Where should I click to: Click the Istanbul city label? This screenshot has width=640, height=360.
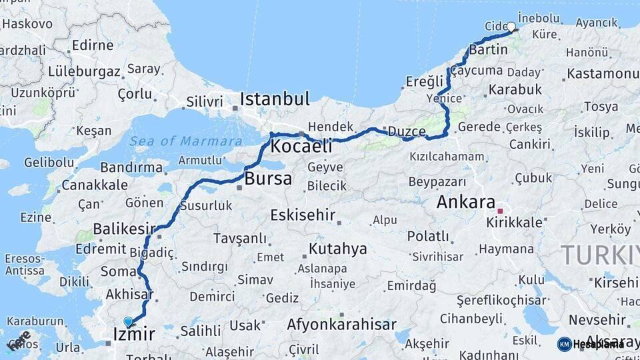click(x=275, y=100)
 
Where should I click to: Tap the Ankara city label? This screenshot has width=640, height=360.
click(x=466, y=202)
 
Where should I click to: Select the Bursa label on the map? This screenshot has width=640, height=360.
click(x=268, y=179)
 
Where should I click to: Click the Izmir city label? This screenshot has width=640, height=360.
click(x=134, y=333)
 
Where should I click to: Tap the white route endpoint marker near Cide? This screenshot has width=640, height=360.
click(x=511, y=27)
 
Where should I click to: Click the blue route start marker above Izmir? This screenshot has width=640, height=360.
click(x=128, y=322)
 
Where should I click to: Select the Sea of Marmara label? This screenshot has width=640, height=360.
click(x=186, y=141)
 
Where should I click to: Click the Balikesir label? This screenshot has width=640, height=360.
click(x=124, y=229)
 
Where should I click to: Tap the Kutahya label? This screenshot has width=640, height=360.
click(x=337, y=249)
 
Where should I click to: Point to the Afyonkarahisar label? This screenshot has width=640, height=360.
click(x=341, y=325)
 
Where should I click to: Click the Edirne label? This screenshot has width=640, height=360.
click(x=92, y=45)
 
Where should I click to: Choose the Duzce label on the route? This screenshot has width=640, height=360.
click(x=406, y=131)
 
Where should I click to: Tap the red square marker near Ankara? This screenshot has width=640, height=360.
click(x=500, y=211)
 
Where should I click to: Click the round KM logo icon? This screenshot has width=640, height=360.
click(x=565, y=344)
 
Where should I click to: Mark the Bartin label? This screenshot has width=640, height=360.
click(x=489, y=49)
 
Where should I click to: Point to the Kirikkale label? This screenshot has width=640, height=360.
click(x=515, y=223)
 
